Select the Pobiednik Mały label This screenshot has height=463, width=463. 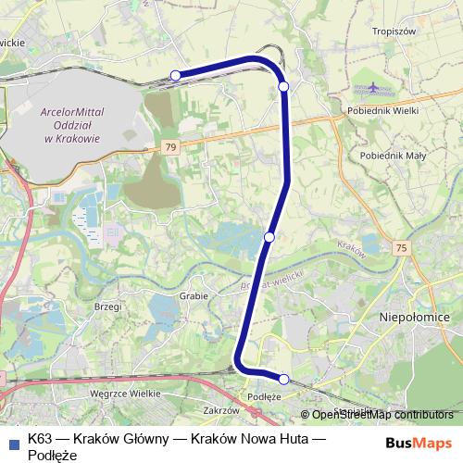393,156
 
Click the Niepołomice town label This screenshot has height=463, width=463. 414,317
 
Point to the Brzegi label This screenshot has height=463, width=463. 109,305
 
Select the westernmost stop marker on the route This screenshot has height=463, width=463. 175,75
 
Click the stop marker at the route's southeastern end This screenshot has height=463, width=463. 284,379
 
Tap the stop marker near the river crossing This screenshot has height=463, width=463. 269,237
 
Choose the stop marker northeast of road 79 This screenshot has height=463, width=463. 283,85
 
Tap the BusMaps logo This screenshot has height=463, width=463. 419,441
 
